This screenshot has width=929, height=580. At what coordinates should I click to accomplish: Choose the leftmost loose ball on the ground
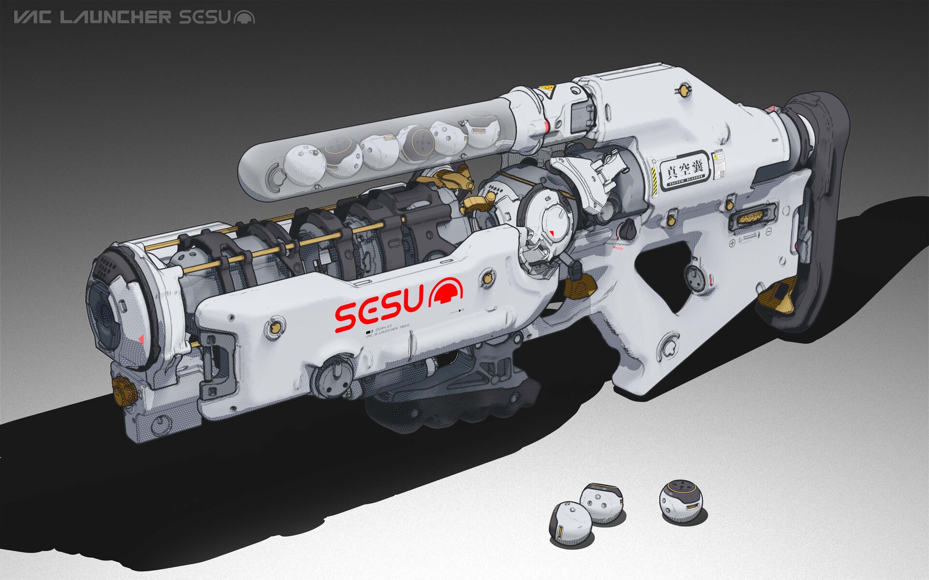click(568, 523)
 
